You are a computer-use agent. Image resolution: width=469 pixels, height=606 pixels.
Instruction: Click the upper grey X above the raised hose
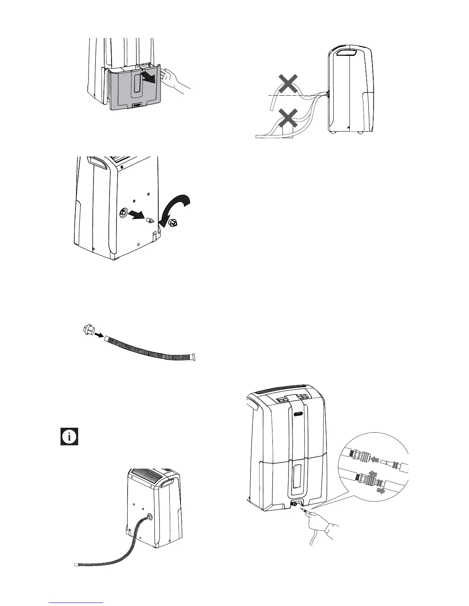click(x=288, y=84)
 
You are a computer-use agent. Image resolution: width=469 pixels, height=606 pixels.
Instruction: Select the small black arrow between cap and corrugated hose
click(x=99, y=335)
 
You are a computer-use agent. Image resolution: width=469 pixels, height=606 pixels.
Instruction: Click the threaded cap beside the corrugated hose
click(x=88, y=330)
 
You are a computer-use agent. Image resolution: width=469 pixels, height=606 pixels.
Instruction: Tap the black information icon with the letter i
click(x=69, y=437)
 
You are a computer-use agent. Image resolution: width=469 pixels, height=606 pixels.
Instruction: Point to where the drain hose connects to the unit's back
click(x=149, y=518)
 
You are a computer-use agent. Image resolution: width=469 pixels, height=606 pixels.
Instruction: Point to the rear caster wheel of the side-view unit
click(x=332, y=132)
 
